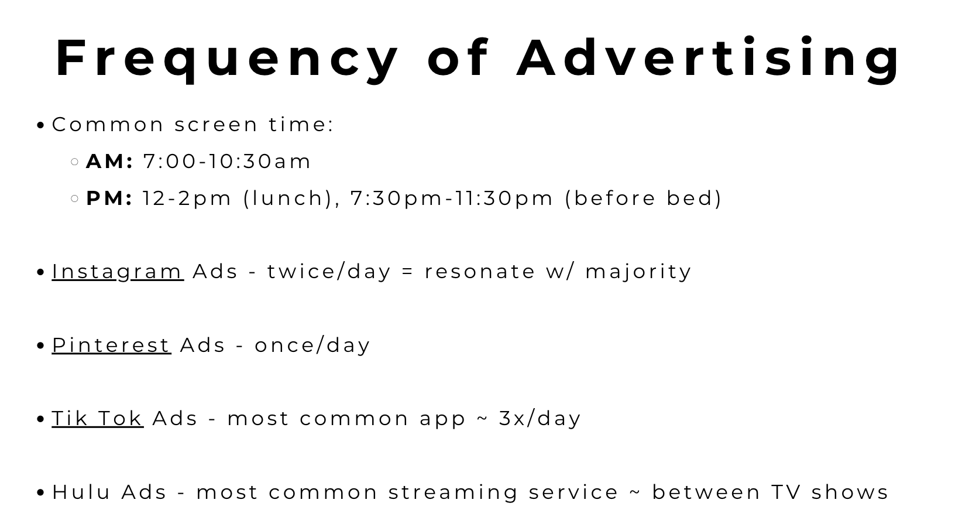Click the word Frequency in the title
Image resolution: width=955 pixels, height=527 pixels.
tap(227, 59)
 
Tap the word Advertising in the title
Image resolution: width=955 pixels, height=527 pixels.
tap(708, 59)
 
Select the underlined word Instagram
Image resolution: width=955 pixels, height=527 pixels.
tap(118, 272)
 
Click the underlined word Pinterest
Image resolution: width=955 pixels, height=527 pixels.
tap(111, 345)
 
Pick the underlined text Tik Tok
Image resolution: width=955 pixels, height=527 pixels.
tap(98, 418)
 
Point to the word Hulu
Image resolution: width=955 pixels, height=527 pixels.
tap(81, 492)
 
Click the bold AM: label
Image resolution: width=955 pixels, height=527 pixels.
tap(109, 161)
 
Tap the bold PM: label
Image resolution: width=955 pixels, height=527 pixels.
tap(109, 199)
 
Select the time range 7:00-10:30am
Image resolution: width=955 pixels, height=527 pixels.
tap(227, 161)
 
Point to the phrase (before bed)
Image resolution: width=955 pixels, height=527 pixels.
tap(643, 199)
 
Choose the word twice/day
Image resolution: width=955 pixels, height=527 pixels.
tap(329, 272)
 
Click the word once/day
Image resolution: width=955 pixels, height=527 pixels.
tap(312, 345)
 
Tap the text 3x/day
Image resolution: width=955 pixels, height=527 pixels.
tap(540, 418)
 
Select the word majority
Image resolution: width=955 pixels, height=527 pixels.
tap(638, 272)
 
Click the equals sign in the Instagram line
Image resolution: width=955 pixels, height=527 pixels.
tap(408, 272)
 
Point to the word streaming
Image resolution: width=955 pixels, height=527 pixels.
tap(453, 492)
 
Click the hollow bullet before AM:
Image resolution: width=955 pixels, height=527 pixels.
tap(75, 162)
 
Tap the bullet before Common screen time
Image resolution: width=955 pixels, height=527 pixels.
tap(40, 125)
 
